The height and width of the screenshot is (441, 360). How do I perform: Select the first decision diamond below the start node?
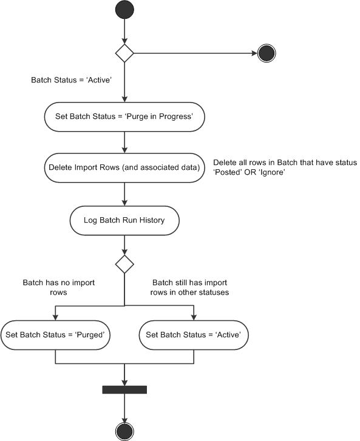point(124,53)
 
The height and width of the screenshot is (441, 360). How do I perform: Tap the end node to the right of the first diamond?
point(267,53)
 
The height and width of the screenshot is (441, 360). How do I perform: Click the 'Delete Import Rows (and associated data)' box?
point(124,167)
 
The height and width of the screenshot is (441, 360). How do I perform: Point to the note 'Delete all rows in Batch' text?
point(285,163)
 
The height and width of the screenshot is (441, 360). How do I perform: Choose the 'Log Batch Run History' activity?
point(124,220)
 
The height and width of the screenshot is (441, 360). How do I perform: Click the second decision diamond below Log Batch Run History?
point(124,264)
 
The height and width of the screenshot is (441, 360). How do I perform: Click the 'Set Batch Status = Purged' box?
point(55,335)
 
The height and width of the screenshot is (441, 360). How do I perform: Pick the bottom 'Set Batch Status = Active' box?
point(194,335)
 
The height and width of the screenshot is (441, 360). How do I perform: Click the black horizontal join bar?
point(124,389)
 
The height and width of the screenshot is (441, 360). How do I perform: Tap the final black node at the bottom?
point(124,432)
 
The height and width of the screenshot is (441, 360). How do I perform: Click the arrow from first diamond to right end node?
point(194,53)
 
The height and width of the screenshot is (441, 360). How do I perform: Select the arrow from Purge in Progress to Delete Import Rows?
point(124,141)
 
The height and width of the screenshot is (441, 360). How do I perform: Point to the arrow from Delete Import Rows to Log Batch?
point(124,194)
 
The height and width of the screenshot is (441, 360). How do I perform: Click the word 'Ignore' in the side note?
point(271,173)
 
